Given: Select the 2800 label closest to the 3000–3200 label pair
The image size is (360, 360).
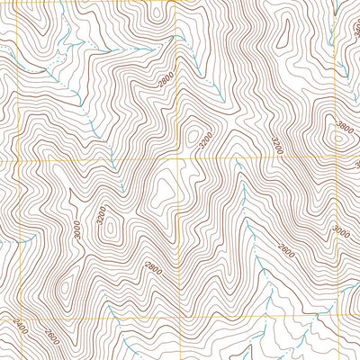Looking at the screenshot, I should [151, 267].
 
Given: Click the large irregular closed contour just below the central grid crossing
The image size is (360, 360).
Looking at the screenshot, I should [165, 190].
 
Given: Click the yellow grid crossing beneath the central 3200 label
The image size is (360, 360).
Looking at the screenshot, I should [179, 161].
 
